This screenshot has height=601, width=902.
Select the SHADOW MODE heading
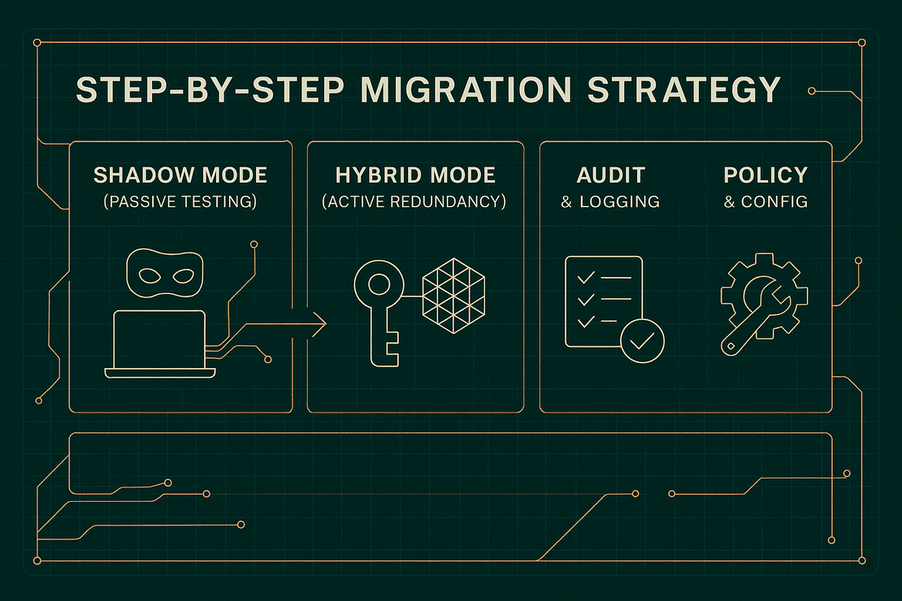180,175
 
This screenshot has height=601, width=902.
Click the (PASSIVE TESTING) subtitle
180,201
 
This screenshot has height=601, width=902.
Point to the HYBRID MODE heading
415,175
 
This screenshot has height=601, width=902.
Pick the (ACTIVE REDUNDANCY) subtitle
415,201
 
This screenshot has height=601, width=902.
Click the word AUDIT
610,175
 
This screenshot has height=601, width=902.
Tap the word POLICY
765,175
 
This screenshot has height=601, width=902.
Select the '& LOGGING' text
610,201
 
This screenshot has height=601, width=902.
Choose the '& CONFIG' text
765,201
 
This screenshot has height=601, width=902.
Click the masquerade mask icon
165,275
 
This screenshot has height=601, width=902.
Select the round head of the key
378,285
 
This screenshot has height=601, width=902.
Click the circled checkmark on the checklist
642,341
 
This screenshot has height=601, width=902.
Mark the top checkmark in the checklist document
583,279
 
